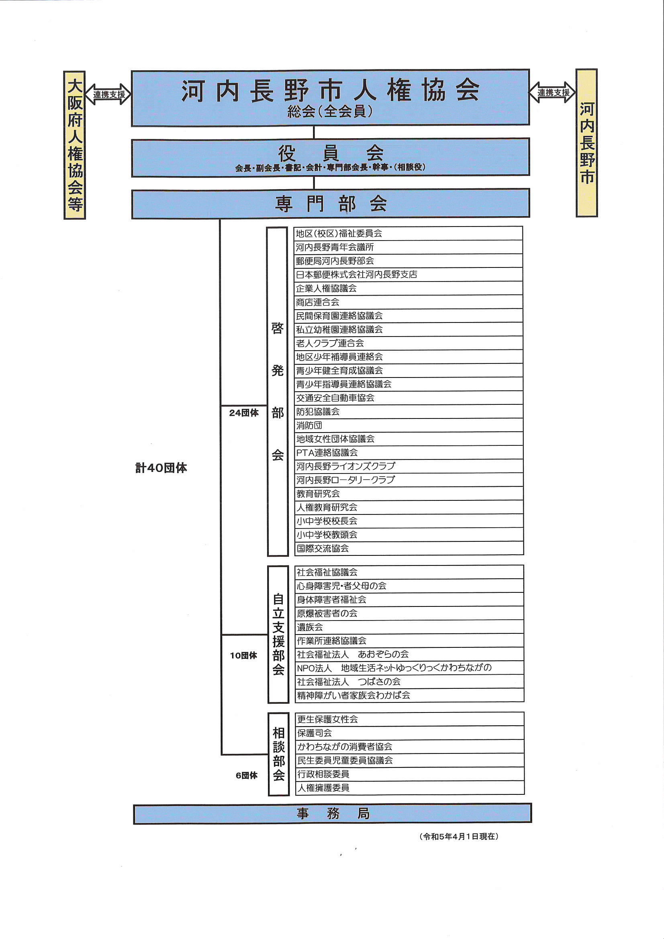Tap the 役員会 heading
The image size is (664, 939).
331,153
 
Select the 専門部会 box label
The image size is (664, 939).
331,203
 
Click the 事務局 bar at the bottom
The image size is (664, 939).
332,813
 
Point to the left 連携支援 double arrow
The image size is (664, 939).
108,94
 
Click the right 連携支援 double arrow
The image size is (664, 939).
553,92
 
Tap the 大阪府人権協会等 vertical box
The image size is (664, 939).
74,145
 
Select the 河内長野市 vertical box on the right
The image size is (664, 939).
587,143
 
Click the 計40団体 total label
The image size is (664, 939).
161,468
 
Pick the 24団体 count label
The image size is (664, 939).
244,413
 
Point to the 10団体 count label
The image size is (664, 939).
243,655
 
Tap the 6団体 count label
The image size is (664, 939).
247,776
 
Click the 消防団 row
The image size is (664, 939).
409,425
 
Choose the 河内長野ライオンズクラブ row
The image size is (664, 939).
409,466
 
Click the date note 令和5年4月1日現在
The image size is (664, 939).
459,836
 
